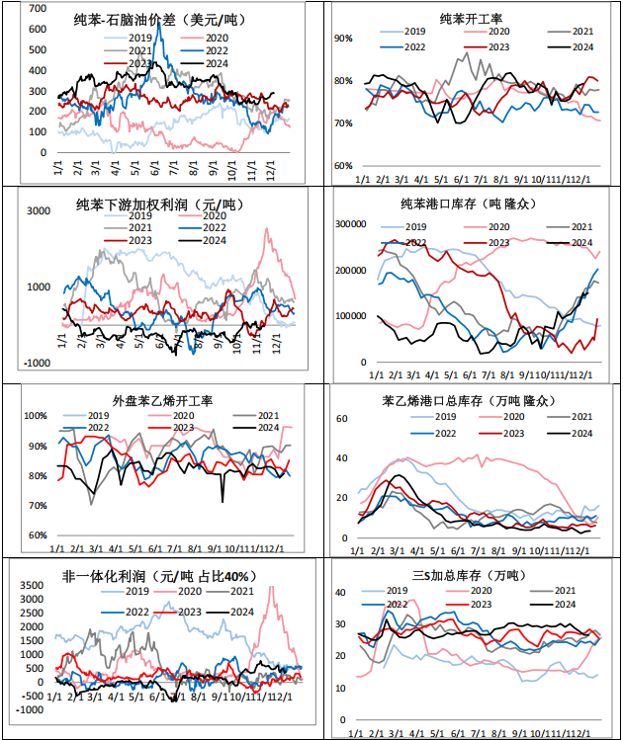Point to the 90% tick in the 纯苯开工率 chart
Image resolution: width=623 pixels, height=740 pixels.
pyautogui.click(x=344, y=38)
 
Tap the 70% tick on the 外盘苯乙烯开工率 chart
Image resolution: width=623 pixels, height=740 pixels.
pyautogui.click(x=36, y=506)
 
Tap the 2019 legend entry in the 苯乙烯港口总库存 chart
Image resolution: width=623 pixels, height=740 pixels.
pyautogui.click(x=414, y=419)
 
